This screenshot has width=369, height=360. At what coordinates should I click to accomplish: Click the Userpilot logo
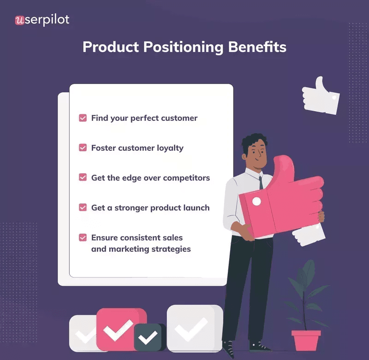point(42,20)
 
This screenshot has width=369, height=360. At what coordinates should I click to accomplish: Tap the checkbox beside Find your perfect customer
point(83,118)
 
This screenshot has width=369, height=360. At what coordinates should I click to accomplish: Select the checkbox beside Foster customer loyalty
point(83,148)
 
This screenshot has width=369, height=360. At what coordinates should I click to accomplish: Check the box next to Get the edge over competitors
point(83,177)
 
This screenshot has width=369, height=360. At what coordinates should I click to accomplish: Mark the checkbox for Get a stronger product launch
point(83,207)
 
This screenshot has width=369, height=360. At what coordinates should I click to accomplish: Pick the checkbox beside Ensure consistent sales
point(83,238)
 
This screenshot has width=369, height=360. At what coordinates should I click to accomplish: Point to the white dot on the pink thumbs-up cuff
point(257,201)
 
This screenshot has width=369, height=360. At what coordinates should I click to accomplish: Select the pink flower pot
point(306,340)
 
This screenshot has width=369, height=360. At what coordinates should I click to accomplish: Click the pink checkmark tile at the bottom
point(121,328)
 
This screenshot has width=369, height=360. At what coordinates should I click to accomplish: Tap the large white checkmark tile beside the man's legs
point(194,328)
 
